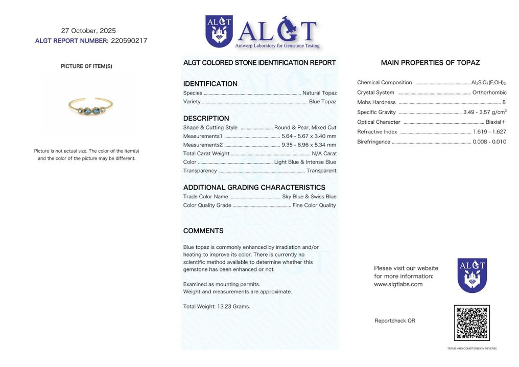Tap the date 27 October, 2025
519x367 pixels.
(88, 31)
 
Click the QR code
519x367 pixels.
(471, 323)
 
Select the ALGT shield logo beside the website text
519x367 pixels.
(472, 275)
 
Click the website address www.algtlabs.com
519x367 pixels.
(398, 284)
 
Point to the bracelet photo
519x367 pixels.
(90, 106)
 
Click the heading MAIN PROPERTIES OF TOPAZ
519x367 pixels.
(430, 63)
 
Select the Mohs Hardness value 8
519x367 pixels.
(504, 102)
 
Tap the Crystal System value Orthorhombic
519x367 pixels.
(489, 93)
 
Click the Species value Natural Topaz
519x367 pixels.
(319, 93)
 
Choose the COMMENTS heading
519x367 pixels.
(203, 231)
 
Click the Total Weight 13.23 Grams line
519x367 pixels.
(217, 307)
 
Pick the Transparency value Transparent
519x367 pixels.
(321, 171)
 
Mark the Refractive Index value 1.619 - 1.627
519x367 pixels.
(490, 132)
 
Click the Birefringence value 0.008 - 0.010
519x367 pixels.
(490, 142)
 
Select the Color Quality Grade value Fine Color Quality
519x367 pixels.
(314, 205)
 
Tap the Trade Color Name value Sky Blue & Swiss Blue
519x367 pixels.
(310, 197)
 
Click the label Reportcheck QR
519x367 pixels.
(395, 321)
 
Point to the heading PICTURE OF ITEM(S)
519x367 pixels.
(86, 66)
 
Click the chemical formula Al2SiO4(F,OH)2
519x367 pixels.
(488, 83)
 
